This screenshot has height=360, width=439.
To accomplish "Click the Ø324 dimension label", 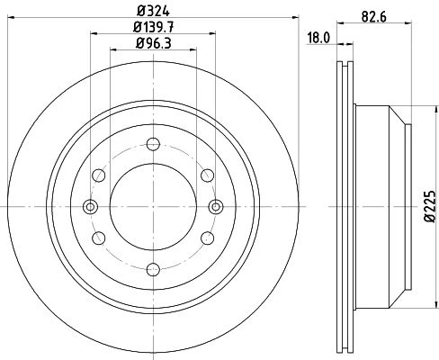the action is (x=153, y=12).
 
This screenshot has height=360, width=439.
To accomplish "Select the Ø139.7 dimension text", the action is (x=153, y=27).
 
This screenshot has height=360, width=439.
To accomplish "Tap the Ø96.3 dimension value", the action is (x=153, y=43).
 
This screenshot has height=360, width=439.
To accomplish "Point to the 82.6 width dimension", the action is (x=373, y=17).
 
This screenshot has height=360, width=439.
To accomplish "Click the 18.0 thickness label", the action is (x=318, y=39).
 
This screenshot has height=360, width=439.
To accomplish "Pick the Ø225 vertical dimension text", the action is (x=430, y=206).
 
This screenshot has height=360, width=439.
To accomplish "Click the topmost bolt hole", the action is (x=153, y=144).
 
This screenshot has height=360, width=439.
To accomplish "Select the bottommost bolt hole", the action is (x=153, y=269).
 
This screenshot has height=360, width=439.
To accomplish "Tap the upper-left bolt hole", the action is (x=99, y=175).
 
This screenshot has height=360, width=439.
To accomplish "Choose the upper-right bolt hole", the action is (x=208, y=175).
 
